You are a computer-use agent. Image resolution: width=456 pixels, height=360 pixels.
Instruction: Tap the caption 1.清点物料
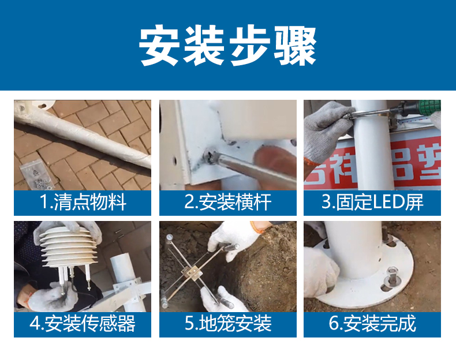click(83, 202)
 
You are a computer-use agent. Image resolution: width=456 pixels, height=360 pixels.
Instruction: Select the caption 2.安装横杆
click(228, 202)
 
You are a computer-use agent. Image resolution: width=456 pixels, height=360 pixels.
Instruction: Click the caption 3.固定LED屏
click(372, 202)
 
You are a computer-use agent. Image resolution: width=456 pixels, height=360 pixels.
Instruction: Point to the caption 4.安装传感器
click(83, 324)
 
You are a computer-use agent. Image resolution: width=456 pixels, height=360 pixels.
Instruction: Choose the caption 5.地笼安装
click(228, 324)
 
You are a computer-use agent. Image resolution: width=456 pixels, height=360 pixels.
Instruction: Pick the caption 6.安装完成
click(372, 324)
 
